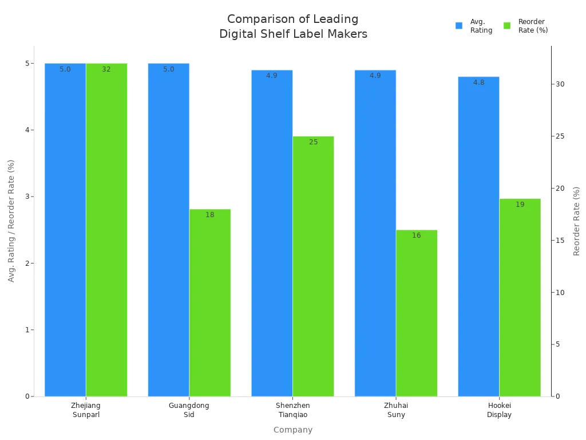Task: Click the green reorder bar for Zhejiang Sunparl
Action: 106,229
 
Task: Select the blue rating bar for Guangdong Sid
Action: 168,229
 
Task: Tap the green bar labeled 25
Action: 313,266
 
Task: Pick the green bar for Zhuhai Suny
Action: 417,313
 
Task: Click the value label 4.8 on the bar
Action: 478,82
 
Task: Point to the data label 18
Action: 210,215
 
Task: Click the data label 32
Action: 106,69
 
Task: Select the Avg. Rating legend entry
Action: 474,26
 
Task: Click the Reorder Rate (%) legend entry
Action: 526,26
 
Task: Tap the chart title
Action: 293,27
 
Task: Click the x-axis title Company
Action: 293,430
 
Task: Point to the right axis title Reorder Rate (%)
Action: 576,221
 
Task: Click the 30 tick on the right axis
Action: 560,84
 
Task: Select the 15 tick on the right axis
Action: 560,241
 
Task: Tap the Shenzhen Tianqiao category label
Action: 292,410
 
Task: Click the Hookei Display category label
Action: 499,410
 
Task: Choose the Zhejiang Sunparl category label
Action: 86,410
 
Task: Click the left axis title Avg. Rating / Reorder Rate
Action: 11,221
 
